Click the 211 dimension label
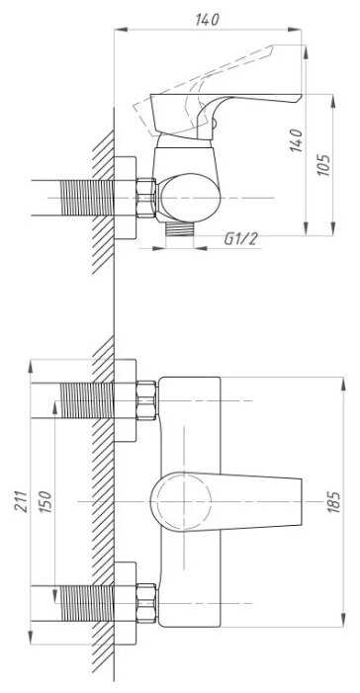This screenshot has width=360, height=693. (x=21, y=501)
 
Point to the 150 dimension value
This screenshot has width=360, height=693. (x=45, y=501)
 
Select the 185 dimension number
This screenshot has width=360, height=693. (x=335, y=501)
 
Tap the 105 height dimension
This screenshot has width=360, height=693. (x=324, y=165)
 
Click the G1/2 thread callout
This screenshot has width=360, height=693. (x=240, y=239)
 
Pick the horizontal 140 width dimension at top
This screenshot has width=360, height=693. (x=207, y=20)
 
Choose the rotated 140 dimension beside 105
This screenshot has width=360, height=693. (x=297, y=140)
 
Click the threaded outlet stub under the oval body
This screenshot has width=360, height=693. (x=180, y=229)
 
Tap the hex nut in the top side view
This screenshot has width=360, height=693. (x=146, y=198)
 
